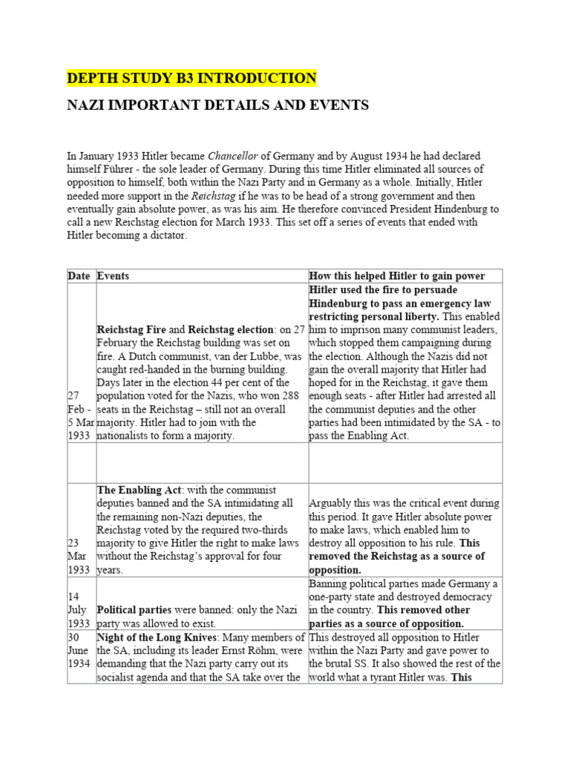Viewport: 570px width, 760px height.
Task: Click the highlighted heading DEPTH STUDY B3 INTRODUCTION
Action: click(x=191, y=78)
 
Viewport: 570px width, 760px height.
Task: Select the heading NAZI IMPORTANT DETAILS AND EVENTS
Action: click(x=217, y=105)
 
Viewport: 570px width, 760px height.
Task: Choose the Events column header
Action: click(x=113, y=275)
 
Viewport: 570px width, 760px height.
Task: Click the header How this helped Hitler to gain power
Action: click(x=397, y=275)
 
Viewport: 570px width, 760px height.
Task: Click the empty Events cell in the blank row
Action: click(x=202, y=462)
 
